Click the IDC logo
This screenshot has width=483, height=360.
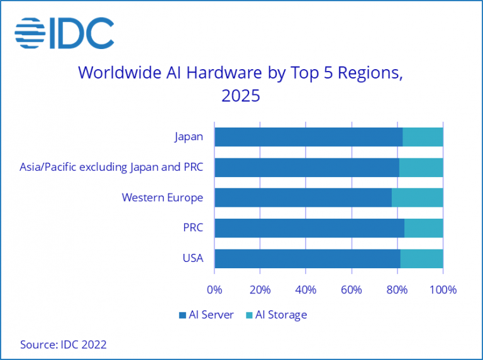tap(65, 33)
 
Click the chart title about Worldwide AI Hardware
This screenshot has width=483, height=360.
tap(240, 84)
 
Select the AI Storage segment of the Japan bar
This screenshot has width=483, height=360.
tap(423, 136)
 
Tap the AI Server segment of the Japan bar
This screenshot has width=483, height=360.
tap(308, 136)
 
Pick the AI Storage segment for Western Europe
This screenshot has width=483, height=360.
tap(417, 197)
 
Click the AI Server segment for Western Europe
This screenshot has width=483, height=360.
tap(303, 197)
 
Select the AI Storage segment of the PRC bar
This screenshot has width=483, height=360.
tap(423, 227)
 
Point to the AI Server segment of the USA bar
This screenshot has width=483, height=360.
tap(307, 258)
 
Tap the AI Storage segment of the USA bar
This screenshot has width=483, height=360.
tap(421, 258)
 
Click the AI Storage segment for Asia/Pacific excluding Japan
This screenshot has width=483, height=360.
tap(421, 167)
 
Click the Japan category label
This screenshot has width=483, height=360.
tap(189, 136)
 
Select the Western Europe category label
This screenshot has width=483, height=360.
tap(162, 197)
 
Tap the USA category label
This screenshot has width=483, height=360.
tap(192, 258)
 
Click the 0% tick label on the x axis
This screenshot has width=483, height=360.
tap(214, 290)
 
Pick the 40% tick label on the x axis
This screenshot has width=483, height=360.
tap(306, 290)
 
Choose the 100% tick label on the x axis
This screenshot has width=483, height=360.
tap(443, 290)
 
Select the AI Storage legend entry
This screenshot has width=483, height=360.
tap(276, 315)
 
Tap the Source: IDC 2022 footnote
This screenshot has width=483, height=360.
tap(63, 344)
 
